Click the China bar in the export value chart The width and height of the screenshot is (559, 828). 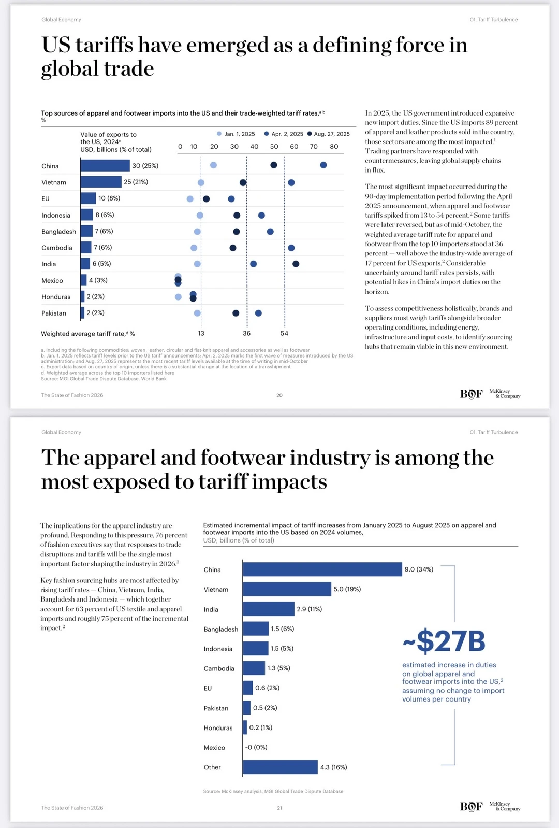(x=105, y=165)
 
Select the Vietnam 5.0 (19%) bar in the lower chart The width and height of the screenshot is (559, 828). (x=287, y=589)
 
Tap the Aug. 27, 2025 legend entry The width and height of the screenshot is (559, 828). (x=329, y=134)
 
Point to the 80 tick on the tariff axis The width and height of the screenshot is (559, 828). (x=334, y=147)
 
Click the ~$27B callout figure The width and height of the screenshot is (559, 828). (x=444, y=641)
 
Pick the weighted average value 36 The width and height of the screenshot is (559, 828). (x=246, y=333)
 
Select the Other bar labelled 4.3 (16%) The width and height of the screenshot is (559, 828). (x=280, y=767)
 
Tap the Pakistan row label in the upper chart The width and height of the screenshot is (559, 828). (x=54, y=313)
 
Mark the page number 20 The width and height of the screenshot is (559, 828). (x=279, y=395)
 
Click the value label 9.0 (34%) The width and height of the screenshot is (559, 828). (x=419, y=569)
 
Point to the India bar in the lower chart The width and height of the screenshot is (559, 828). (x=269, y=609)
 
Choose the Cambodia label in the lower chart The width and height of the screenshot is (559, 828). (x=219, y=668)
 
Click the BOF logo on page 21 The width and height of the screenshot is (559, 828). (x=471, y=807)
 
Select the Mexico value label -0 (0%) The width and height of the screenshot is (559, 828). (x=256, y=747)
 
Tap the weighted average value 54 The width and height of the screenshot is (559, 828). (x=284, y=333)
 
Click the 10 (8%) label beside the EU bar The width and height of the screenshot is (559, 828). (x=109, y=198)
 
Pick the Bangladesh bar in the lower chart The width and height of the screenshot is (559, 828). (x=256, y=629)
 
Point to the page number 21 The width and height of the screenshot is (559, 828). (x=279, y=808)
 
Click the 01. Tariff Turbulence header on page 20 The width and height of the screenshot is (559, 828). (x=493, y=20)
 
